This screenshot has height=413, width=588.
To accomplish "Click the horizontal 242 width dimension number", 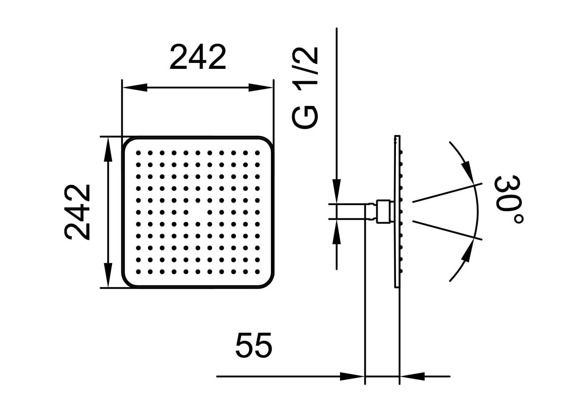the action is pos(198,57).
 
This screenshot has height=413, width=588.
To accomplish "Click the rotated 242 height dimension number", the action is pos(77,212).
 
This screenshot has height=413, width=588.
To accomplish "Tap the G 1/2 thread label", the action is pos(305,88).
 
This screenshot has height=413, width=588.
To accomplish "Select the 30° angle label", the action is pos(509,200).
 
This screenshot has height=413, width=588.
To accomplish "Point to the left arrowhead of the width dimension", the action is pos(135,88).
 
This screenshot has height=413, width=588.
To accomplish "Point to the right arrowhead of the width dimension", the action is pos(260,88).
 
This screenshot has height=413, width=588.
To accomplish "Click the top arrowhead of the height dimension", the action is pos(108,150).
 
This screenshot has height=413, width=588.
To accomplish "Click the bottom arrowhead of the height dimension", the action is pos(108,275).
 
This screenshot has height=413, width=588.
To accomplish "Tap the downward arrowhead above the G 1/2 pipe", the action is pos(337,191).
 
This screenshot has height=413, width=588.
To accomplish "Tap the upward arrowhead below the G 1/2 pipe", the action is pos(337,231).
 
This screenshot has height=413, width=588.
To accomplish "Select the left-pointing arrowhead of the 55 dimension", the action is pos(412,376).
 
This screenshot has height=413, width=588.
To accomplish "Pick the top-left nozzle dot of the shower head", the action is pos(138,153).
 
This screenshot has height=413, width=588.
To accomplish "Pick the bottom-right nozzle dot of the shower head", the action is pos(257,272).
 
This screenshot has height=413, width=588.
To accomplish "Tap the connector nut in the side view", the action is pos(383,212).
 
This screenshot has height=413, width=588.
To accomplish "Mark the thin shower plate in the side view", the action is pos(397,212).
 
